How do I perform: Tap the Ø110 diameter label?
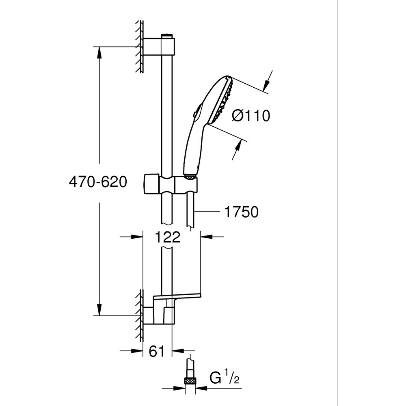[x=251, y=116]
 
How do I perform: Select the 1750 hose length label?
[x=241, y=212]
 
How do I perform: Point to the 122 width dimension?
[x=168, y=237]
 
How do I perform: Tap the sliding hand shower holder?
[x=171, y=184]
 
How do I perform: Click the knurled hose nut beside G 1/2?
[x=190, y=380]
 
